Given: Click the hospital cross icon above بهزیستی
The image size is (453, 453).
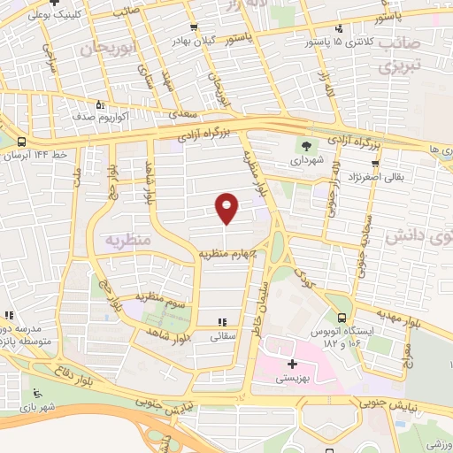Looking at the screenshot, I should [292, 364].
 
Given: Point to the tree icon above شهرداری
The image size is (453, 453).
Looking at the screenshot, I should [306, 148].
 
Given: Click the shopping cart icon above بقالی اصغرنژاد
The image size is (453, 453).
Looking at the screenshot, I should [376, 163].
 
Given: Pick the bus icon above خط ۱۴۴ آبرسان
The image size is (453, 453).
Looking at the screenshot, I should [20, 142].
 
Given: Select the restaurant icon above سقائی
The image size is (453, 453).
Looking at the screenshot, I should [222, 323].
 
